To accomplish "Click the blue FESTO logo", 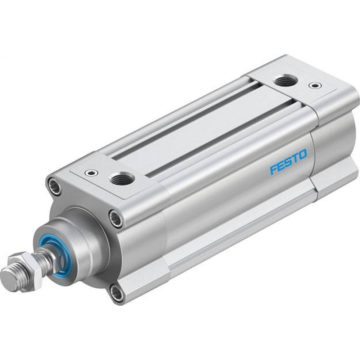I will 289,162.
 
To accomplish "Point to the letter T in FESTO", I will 296,158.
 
